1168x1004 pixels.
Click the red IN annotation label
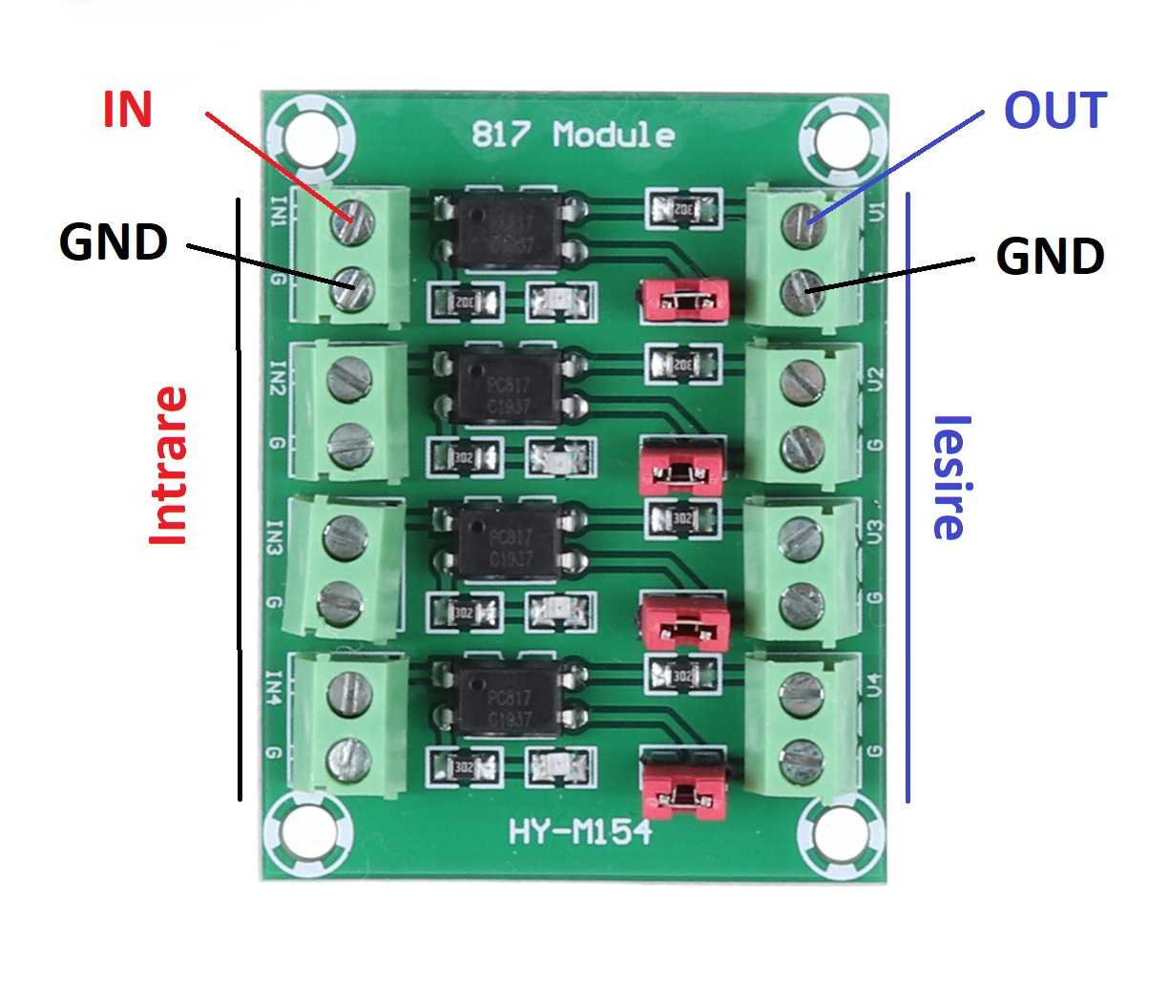(x=127, y=110)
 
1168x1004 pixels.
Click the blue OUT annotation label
(x=1053, y=112)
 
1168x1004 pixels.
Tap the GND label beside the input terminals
(x=113, y=242)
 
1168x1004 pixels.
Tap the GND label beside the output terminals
(x=1050, y=257)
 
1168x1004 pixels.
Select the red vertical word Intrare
(x=169, y=466)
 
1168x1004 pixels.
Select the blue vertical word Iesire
(x=949, y=478)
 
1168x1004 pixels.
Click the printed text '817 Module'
(x=573, y=135)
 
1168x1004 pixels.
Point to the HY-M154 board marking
(x=580, y=832)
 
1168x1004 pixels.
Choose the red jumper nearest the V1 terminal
(x=684, y=299)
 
